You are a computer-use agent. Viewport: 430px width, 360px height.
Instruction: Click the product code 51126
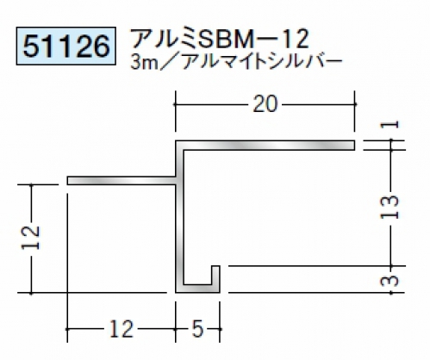pos(66,46)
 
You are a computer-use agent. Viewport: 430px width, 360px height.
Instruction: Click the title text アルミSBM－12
pos(220,39)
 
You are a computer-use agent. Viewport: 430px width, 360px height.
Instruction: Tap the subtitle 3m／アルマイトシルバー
pos(236,63)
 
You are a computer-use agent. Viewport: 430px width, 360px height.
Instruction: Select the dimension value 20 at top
pos(265,104)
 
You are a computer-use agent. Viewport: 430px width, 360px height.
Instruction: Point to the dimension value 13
pos(389,208)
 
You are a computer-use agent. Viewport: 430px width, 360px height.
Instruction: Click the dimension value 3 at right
pos(389,281)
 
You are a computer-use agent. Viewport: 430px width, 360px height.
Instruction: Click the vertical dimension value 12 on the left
pos(31,238)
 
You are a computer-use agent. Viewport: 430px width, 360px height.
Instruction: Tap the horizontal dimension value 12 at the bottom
pos(122,329)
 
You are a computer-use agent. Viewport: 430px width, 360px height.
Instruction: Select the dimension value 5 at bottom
pos(198,329)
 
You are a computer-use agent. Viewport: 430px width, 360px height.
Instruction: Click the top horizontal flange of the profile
pos(265,146)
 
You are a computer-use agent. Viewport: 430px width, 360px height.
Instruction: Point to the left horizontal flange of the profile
pos(122,181)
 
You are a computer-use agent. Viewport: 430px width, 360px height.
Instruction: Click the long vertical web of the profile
pos(180,217)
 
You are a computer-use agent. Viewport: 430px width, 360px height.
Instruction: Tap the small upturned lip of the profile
pos(216,276)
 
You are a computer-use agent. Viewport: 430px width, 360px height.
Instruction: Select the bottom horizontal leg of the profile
pos(197,289)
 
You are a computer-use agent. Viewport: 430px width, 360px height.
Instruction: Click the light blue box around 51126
pos(66,46)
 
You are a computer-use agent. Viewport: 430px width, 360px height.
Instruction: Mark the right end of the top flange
pos(355,146)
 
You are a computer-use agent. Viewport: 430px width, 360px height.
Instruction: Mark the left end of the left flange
pos(67,181)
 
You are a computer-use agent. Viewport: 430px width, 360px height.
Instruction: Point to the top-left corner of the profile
pos(176,140)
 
